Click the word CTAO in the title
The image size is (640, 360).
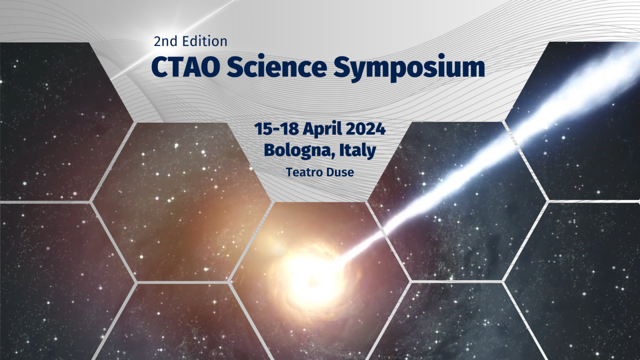186,67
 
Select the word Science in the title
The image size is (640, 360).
277,66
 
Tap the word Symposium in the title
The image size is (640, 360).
409,68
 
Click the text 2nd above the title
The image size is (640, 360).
166,42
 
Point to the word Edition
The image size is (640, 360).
205,41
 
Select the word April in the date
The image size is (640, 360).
322,130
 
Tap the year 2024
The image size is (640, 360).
366,129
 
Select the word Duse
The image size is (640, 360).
340,172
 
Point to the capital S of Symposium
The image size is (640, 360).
342,67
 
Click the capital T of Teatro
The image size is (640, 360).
290,172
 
